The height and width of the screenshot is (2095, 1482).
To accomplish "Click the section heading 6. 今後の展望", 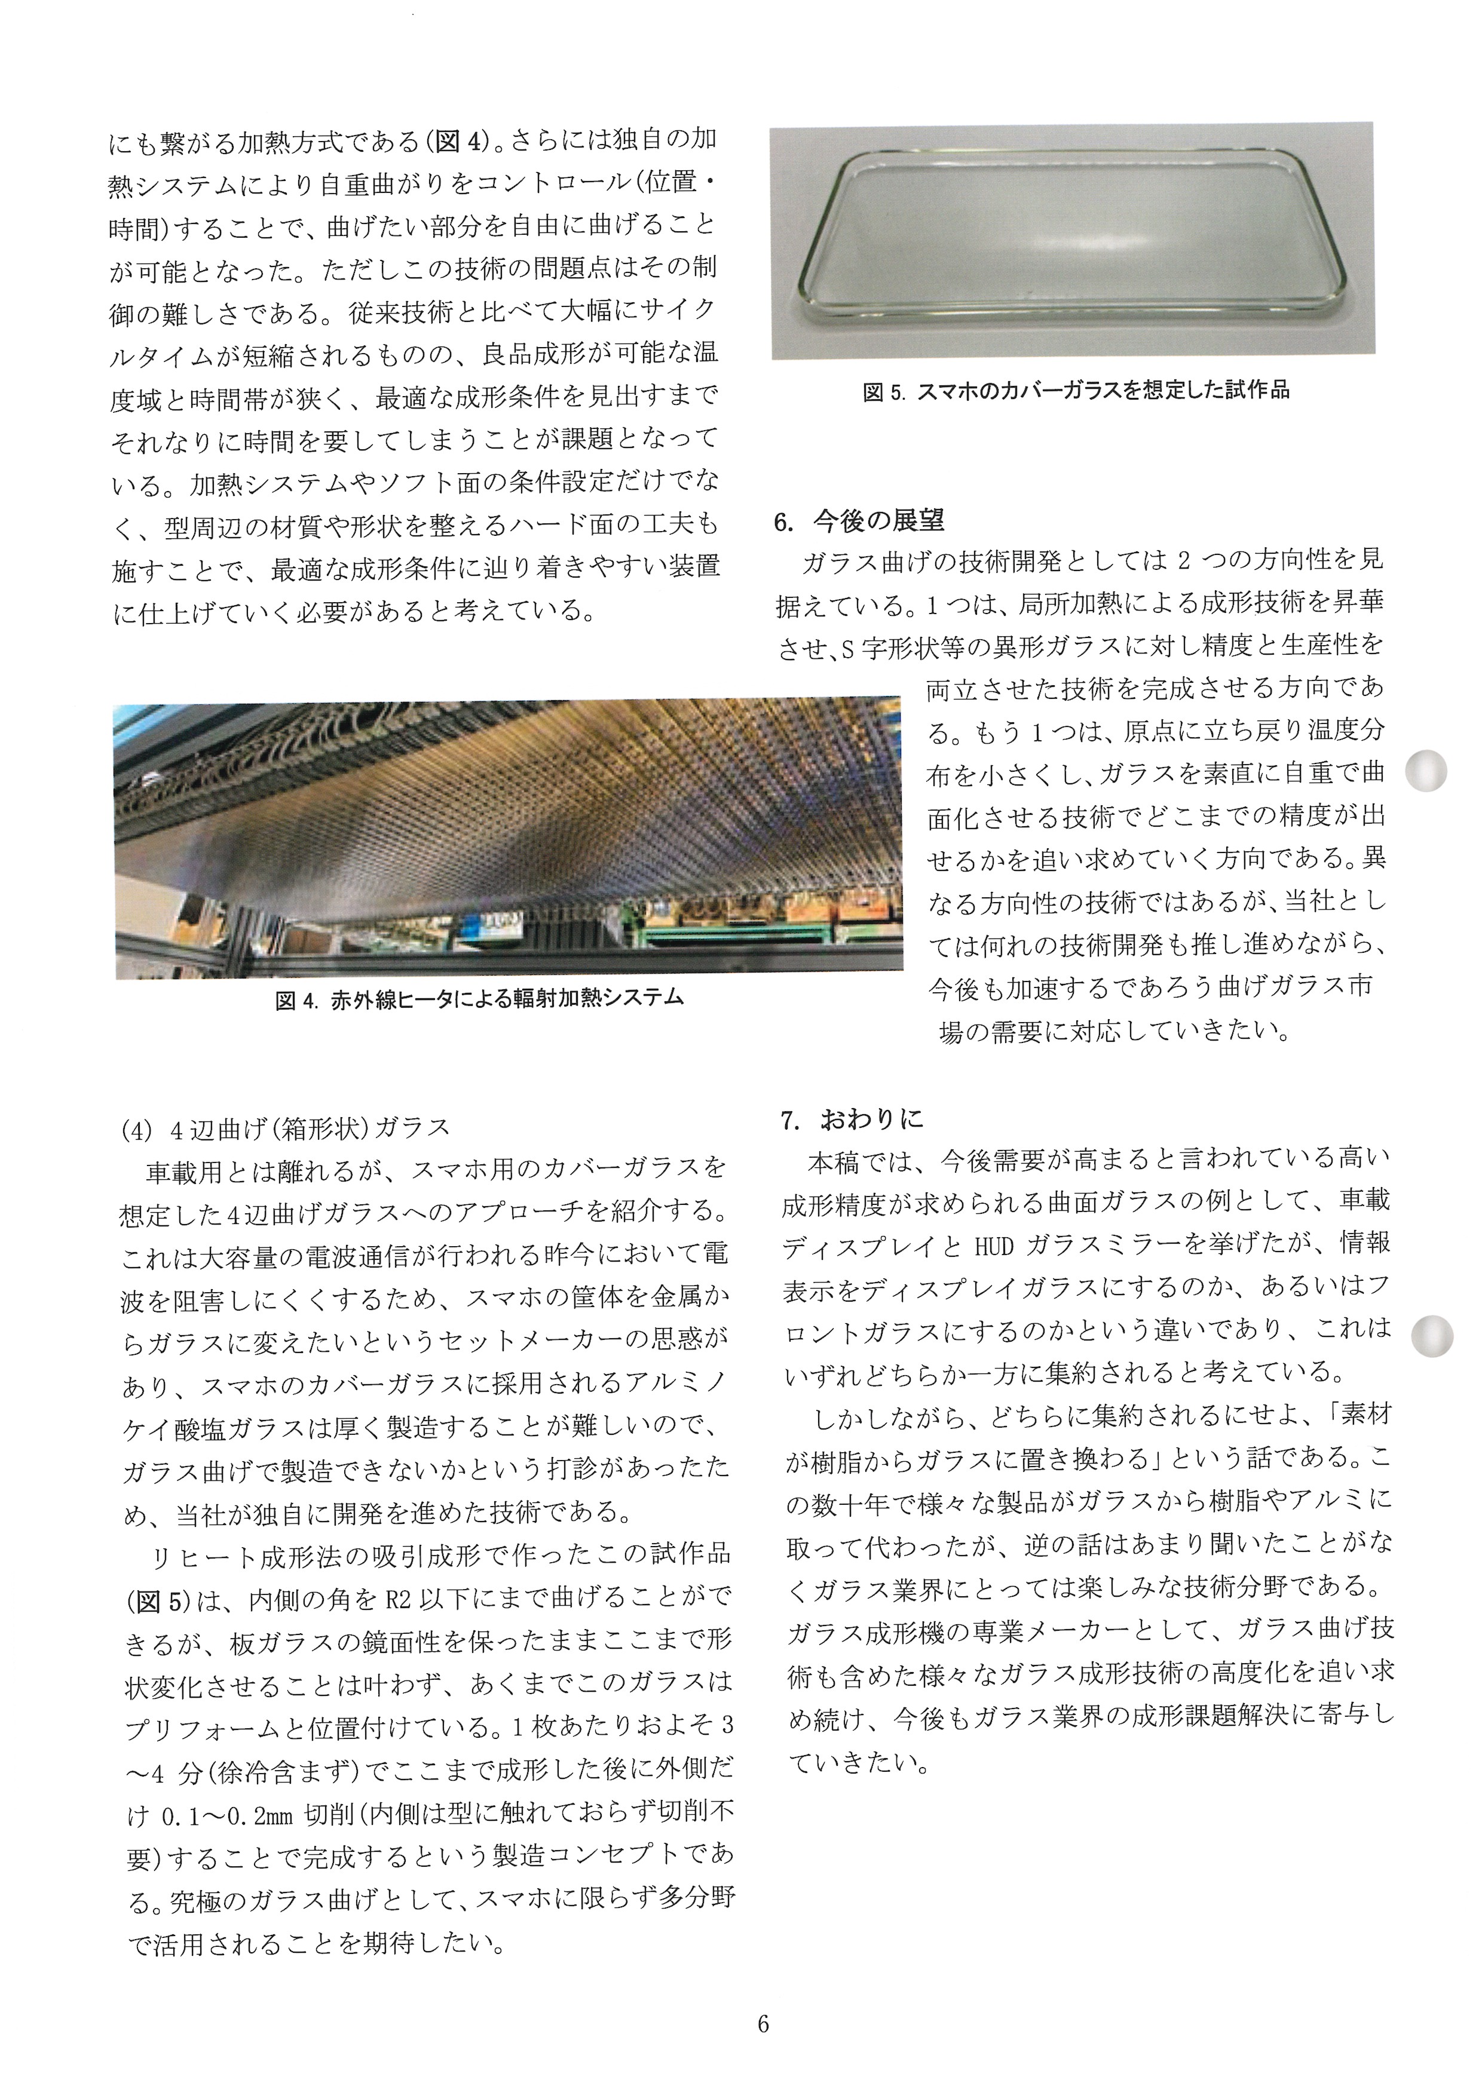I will (859, 521).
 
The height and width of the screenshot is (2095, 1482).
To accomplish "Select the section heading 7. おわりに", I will (852, 1119).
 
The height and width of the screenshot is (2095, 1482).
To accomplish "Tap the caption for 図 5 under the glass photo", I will (1076, 391).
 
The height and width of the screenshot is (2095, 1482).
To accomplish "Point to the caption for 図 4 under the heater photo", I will (479, 999).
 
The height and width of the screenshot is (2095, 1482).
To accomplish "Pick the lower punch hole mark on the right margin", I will (1430, 1336).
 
